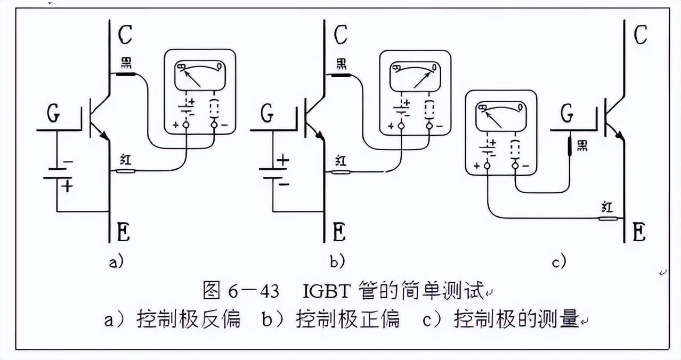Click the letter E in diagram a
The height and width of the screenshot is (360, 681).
click(x=123, y=232)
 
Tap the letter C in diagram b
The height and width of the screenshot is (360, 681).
click(x=340, y=35)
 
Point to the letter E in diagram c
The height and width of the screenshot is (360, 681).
click(x=639, y=232)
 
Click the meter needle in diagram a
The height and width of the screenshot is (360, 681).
click(x=193, y=79)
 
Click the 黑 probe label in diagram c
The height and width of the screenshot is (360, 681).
click(x=582, y=145)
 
